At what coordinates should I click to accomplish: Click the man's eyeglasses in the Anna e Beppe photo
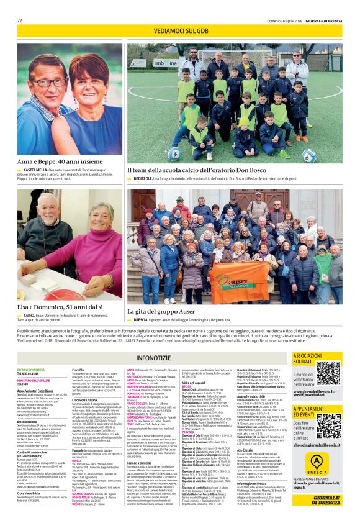(49, 81)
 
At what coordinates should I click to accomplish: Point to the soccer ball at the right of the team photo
(309, 153)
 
